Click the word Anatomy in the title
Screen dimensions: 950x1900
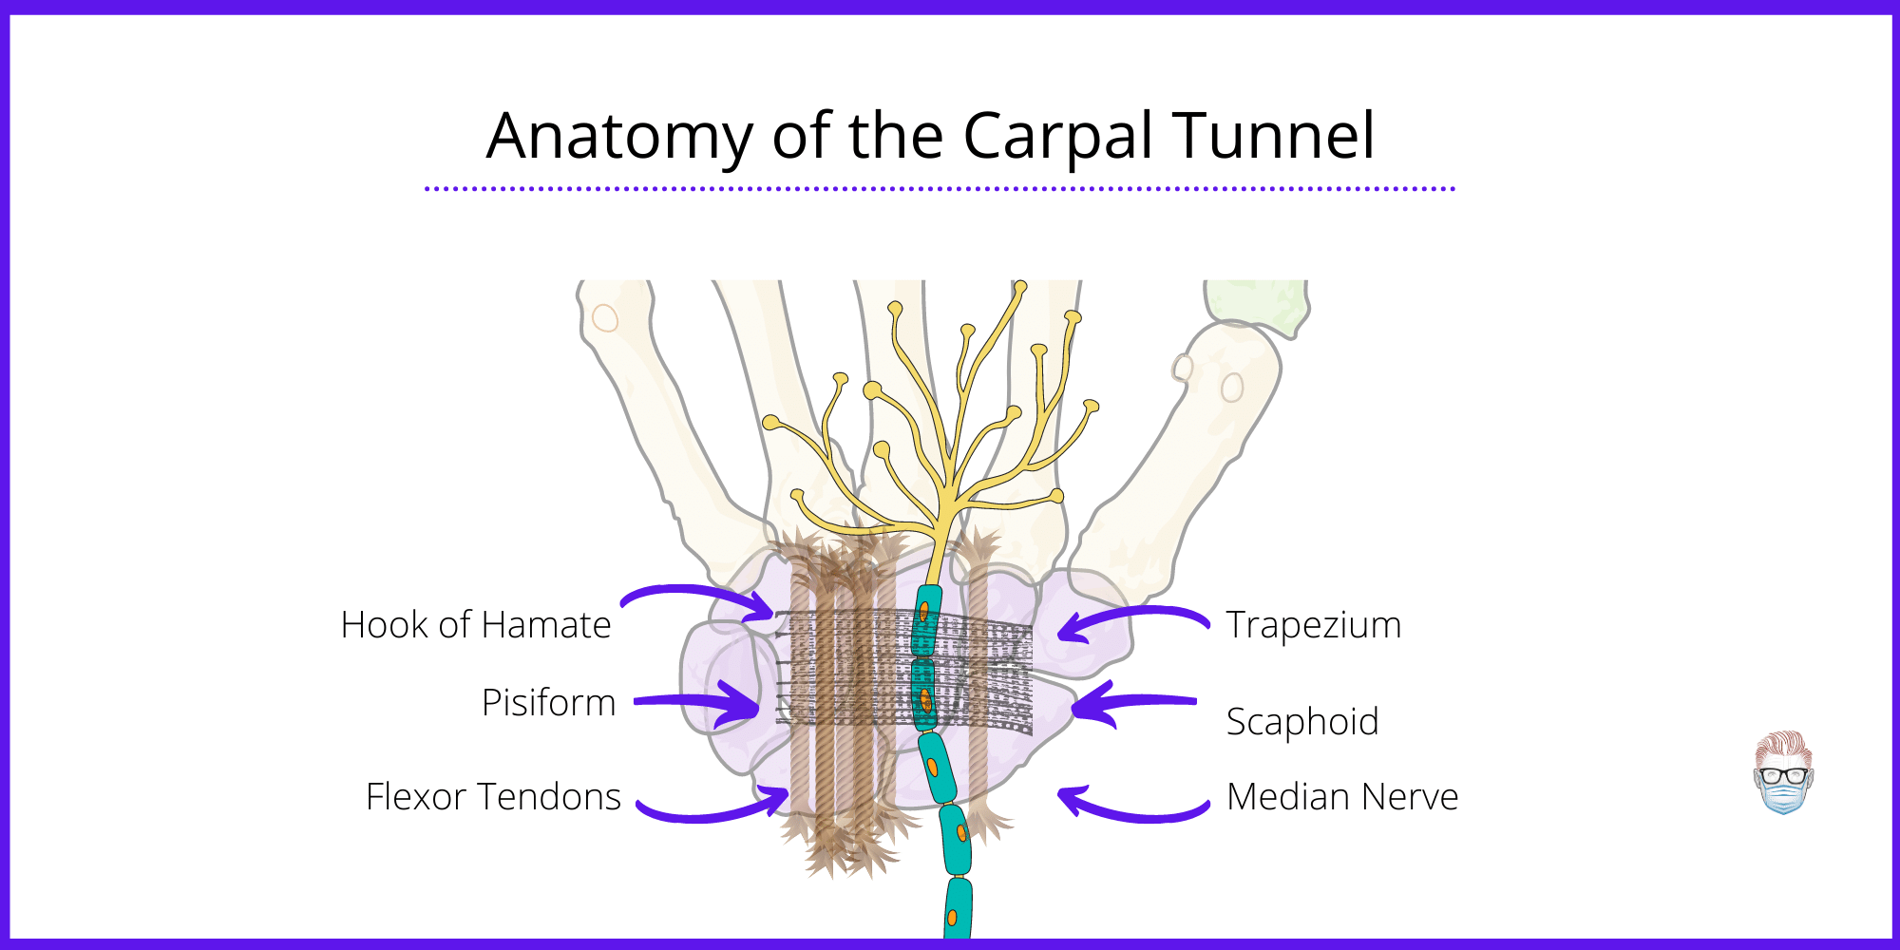pyautogui.click(x=618, y=136)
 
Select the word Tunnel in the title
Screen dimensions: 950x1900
pyautogui.click(x=1273, y=136)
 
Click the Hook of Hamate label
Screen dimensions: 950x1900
pyautogui.click(x=476, y=625)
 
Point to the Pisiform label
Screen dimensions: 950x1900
pyautogui.click(x=548, y=703)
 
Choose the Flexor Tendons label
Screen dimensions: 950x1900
pyautogui.click(x=493, y=797)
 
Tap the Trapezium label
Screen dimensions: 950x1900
pyautogui.click(x=1313, y=625)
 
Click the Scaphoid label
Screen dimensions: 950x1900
pyautogui.click(x=1301, y=722)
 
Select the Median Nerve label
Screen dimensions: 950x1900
pyautogui.click(x=1341, y=797)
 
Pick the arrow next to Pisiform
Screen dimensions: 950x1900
pyautogui.click(x=703, y=703)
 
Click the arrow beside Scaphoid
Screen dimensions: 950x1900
pyautogui.click(x=1130, y=704)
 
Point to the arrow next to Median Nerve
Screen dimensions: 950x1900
pyautogui.click(x=1130, y=807)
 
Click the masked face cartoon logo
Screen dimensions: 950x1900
pyautogui.click(x=1783, y=772)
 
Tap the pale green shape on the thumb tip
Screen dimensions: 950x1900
pyautogui.click(x=1259, y=304)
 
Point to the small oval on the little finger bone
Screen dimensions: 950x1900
pyautogui.click(x=605, y=317)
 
